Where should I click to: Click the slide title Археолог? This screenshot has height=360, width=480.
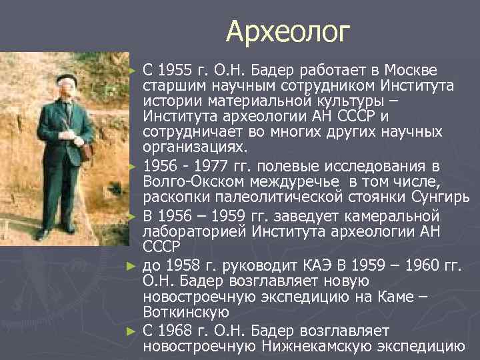(287, 31)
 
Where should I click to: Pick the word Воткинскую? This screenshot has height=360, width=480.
(186, 312)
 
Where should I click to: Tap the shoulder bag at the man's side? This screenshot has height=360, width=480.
(86, 149)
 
